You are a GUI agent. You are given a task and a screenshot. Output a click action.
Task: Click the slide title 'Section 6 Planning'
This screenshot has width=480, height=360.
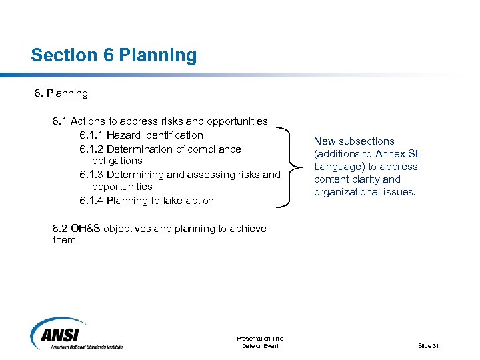coord(113,55)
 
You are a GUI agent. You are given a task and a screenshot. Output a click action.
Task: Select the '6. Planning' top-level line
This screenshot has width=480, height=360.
coord(61,93)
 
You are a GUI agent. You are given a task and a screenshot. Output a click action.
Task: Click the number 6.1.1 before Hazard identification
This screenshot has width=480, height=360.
coord(91,135)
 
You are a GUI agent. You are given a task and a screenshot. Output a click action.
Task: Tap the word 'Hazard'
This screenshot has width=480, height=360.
coord(124,135)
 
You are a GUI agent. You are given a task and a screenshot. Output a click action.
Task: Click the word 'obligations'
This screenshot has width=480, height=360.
coord(117,161)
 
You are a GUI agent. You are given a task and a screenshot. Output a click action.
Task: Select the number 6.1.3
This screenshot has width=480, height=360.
coord(91,175)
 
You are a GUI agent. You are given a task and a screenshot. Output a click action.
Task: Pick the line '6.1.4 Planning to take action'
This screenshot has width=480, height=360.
coord(147,201)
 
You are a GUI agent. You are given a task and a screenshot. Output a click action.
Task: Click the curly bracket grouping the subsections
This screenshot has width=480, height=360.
coord(291,167)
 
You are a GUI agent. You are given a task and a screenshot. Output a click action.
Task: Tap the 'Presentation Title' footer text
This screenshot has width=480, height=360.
coord(260,339)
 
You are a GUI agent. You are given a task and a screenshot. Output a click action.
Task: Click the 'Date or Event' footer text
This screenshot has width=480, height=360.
coord(260,346)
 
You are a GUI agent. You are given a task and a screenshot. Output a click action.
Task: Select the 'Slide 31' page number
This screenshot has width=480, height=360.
coord(428,346)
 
